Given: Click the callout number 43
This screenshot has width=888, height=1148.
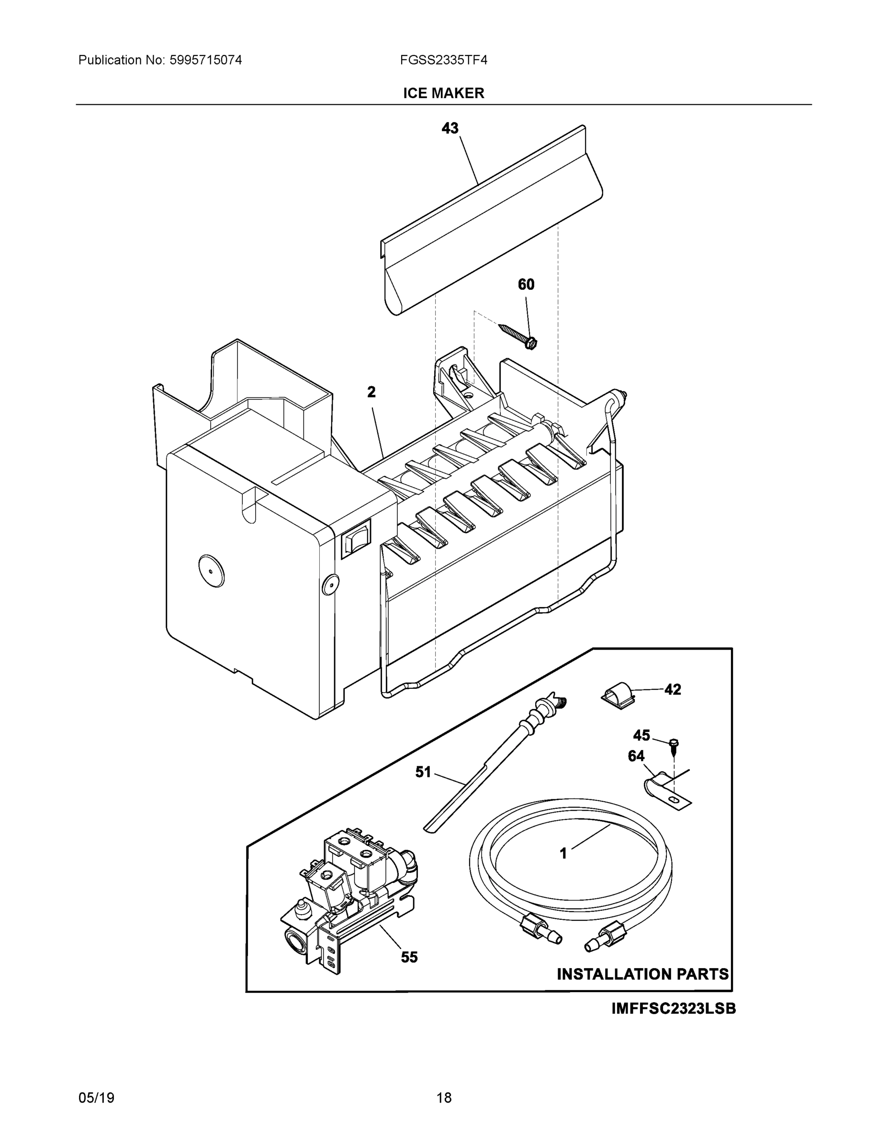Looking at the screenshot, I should pyautogui.click(x=450, y=128).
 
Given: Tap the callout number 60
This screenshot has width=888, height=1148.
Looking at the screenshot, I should pyautogui.click(x=526, y=285).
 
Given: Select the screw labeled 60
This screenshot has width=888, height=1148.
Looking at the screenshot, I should pyautogui.click(x=518, y=336).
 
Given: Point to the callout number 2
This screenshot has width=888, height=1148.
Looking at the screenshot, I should pyautogui.click(x=371, y=392).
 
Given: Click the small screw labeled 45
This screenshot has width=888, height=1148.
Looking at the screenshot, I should pyautogui.click(x=674, y=745).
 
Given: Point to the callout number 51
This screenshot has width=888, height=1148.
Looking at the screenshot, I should pyautogui.click(x=423, y=772).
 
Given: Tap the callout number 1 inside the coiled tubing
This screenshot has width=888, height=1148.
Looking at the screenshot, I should pyautogui.click(x=563, y=854).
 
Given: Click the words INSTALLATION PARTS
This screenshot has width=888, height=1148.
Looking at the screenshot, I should pyautogui.click(x=642, y=974).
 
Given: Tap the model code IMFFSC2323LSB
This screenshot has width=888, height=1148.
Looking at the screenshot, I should pyautogui.click(x=674, y=1009).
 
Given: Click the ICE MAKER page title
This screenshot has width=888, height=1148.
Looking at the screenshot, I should pyautogui.click(x=443, y=93).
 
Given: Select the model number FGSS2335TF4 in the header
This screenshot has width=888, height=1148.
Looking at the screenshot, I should pyautogui.click(x=443, y=60).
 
